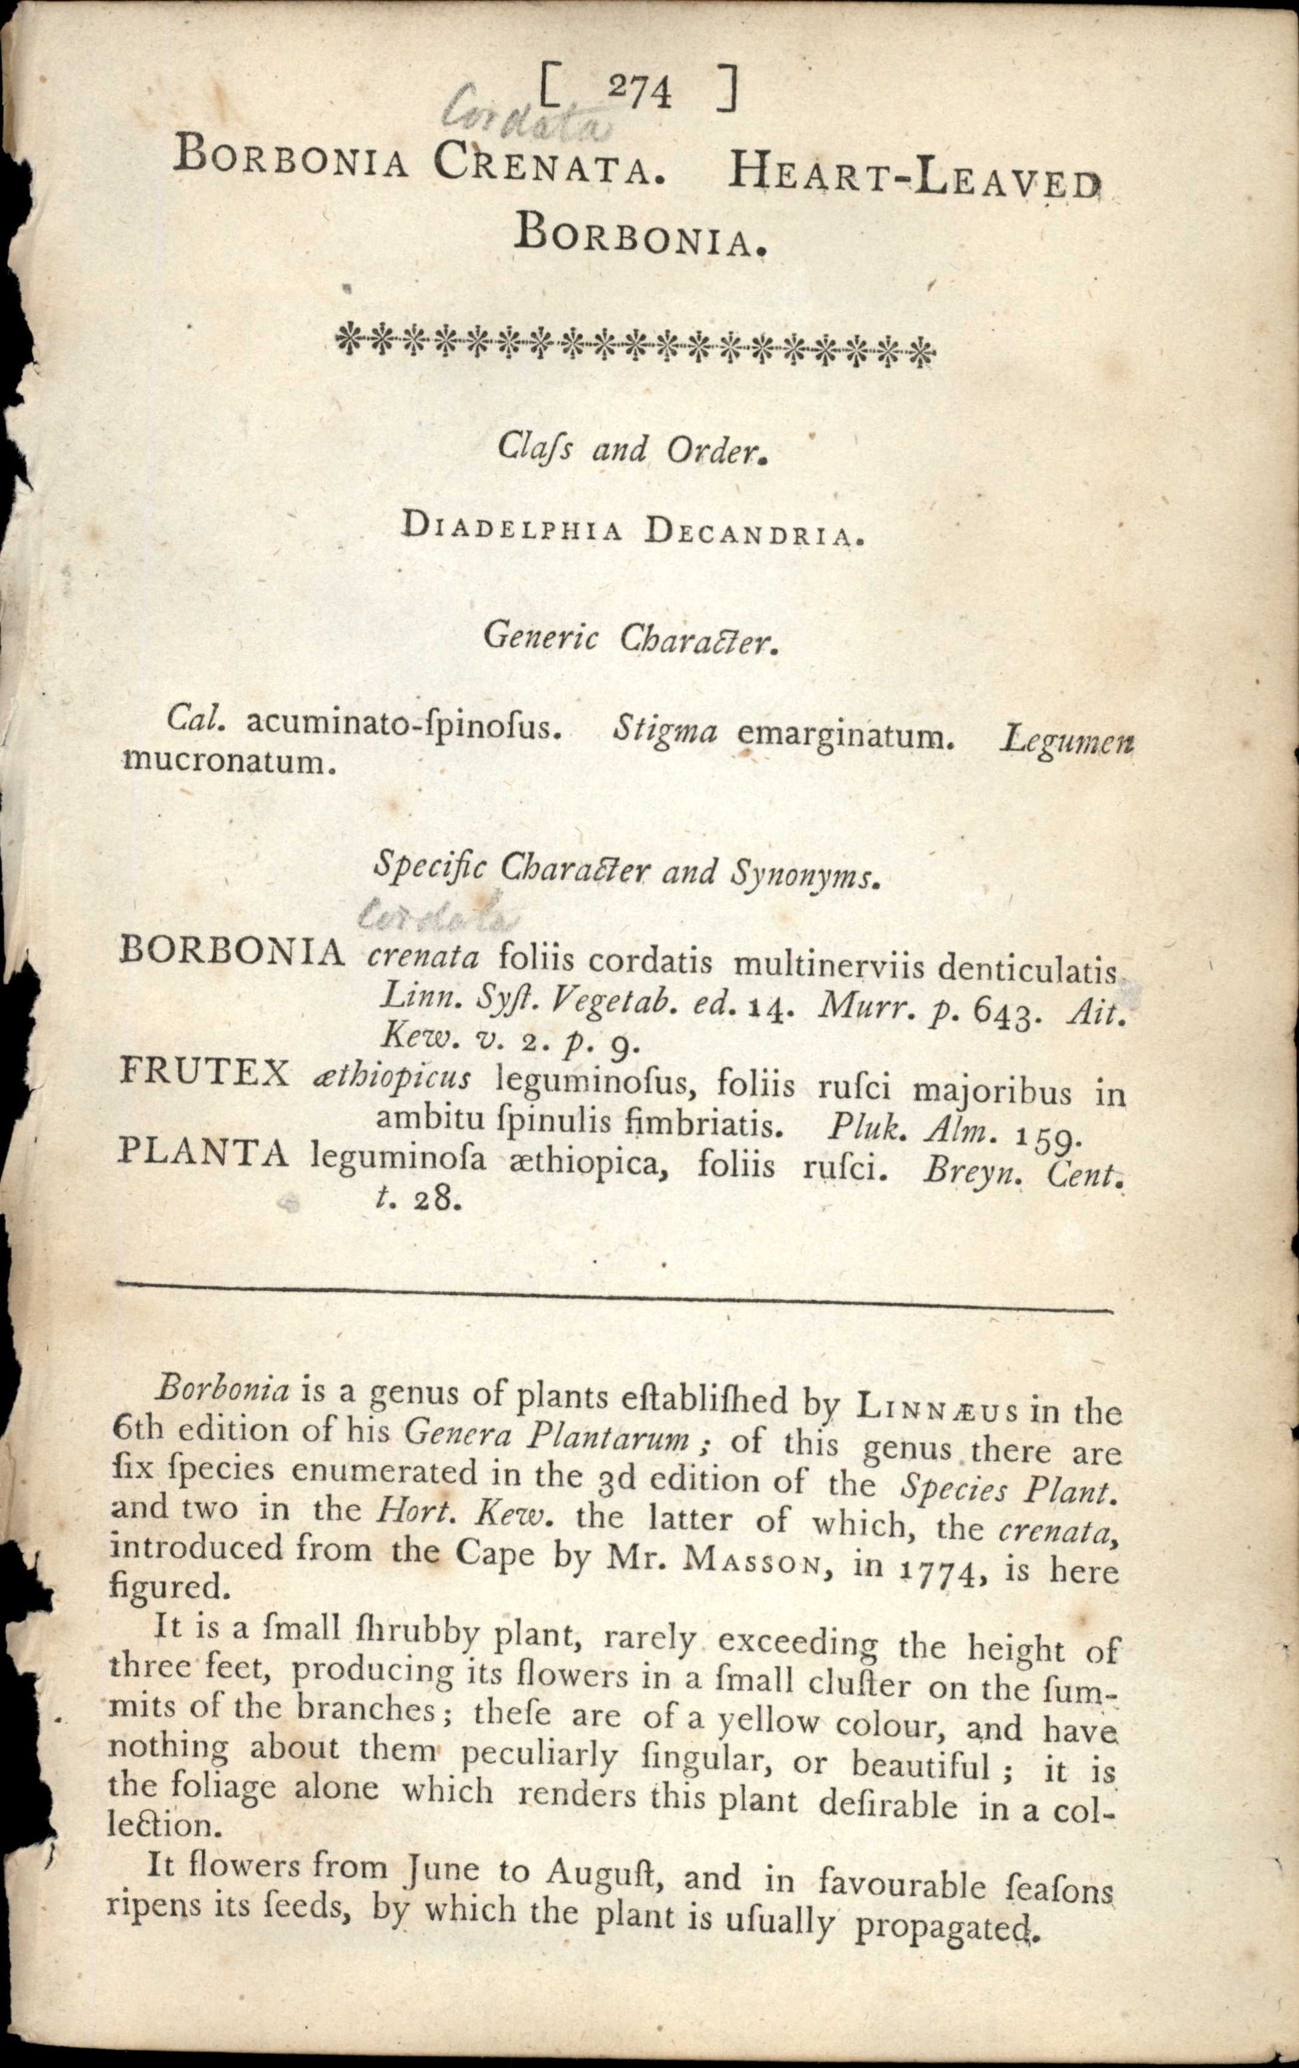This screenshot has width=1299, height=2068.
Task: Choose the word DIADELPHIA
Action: (x=512, y=529)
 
